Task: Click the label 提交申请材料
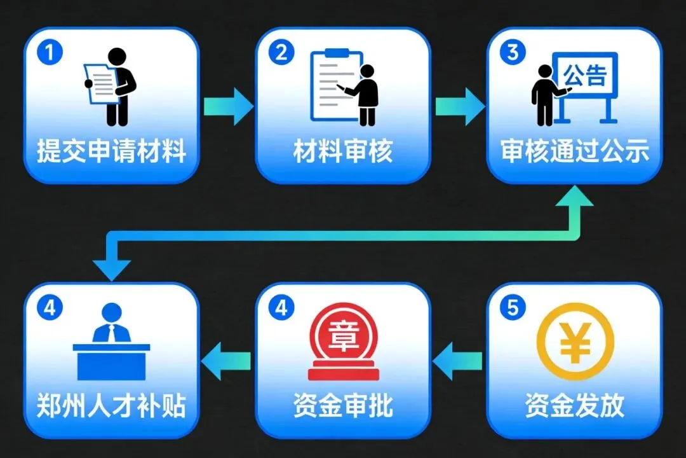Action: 111,153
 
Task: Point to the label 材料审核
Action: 342,153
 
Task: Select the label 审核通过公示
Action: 574,153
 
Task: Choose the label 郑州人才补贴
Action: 111,406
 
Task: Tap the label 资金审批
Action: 342,406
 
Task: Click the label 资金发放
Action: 574,406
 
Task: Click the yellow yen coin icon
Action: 575,342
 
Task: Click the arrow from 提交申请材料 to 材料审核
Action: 227,106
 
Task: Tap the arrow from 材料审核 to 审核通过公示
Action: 459,106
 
